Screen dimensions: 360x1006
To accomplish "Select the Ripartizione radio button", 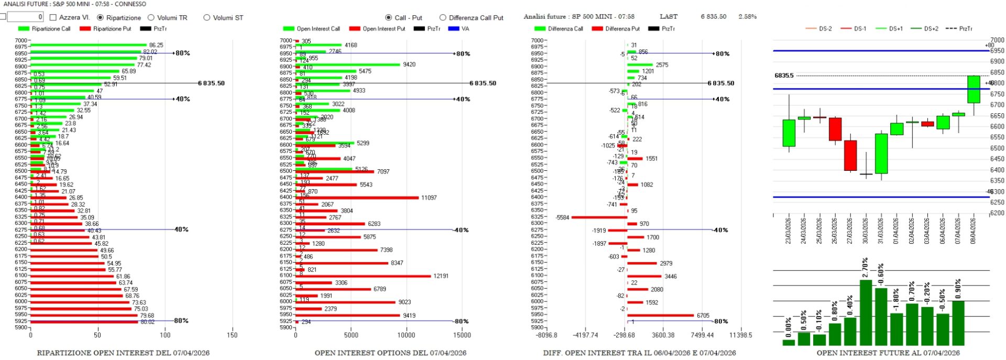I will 101,17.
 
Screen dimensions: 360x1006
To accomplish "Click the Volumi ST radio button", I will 206,17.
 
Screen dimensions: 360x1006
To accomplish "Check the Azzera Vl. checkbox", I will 53,17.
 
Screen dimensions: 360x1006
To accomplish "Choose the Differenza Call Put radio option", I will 443,17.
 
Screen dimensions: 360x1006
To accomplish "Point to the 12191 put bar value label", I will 441,276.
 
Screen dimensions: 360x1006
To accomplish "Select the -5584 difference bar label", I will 563,217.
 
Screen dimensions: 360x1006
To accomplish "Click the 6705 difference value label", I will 703,315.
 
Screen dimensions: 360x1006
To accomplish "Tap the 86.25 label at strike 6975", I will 156,46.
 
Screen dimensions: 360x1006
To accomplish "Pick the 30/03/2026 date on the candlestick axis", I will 866,231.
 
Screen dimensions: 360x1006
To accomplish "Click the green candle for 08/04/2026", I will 974,89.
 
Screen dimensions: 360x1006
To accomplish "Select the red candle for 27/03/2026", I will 850,155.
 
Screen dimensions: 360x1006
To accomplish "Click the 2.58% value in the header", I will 747,17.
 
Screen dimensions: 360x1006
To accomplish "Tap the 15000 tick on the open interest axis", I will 462,335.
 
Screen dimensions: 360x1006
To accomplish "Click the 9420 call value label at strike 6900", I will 409,64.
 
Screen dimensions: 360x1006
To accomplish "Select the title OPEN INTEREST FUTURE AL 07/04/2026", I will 888,353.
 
